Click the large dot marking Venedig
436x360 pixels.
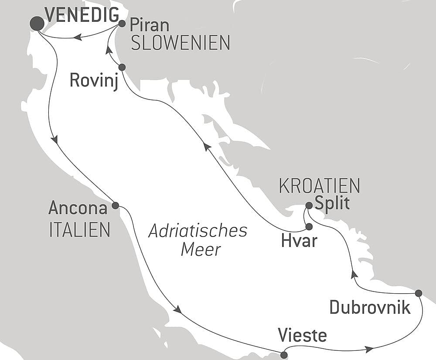(37, 24)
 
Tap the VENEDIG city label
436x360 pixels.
(82, 15)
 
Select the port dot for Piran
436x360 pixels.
(122, 24)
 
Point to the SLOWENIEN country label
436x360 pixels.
(181, 43)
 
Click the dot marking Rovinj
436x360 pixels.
(122, 67)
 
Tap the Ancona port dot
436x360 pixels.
(115, 205)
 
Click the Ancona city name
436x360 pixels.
(78, 208)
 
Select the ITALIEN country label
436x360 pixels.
(80, 230)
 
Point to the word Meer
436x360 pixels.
(201, 250)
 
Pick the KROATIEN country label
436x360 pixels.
(320, 186)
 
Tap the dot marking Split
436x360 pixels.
(309, 205)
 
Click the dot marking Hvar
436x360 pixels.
(309, 226)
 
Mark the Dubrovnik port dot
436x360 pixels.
(419, 293)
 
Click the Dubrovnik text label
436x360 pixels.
(370, 308)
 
